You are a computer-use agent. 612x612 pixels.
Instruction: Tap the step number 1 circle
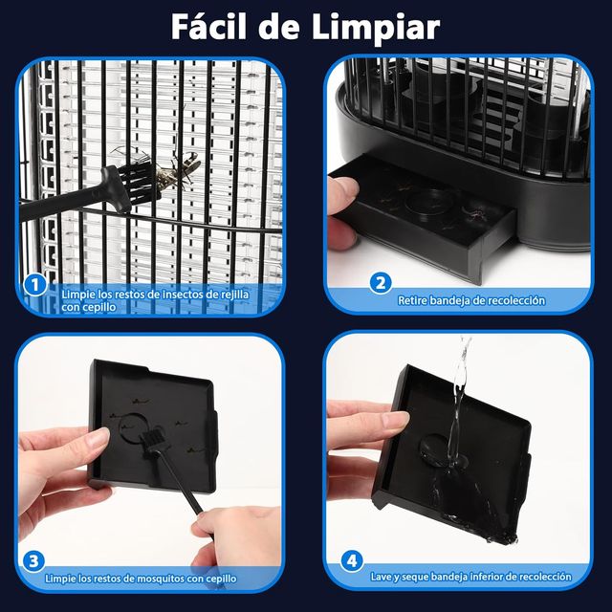click(x=33, y=284)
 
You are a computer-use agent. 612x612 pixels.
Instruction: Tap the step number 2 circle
click(x=381, y=282)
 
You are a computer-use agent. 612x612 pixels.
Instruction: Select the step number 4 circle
click(x=353, y=560)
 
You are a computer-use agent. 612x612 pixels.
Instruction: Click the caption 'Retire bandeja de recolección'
click(x=471, y=300)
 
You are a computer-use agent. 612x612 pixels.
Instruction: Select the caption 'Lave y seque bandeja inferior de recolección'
click(x=470, y=577)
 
